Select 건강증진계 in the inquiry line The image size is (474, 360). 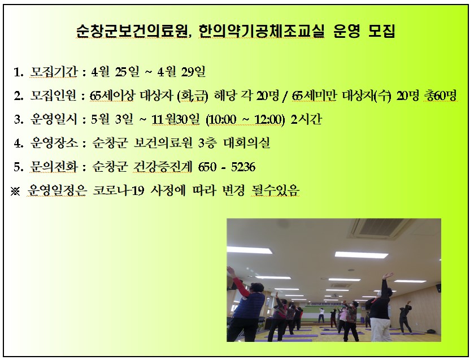pos(162,167)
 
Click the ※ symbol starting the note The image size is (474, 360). pos(15,191)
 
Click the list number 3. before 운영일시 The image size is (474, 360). pos(18,120)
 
